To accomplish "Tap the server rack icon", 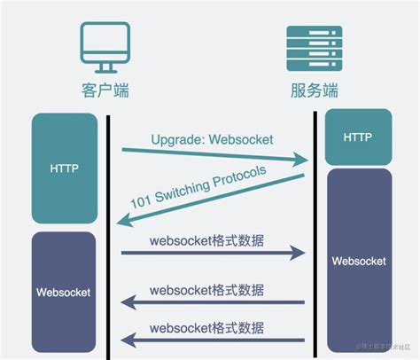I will tap(315, 47).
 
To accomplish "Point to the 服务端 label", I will tap(315, 90).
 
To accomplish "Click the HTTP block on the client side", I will tap(64, 168).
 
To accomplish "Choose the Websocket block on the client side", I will tap(64, 290).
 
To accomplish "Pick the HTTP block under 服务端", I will tap(358, 137).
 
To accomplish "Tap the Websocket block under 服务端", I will tap(358, 261).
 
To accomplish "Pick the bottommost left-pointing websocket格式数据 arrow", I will tap(213, 338).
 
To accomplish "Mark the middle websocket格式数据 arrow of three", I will tap(213, 302).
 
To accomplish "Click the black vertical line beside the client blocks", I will tap(107, 231).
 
